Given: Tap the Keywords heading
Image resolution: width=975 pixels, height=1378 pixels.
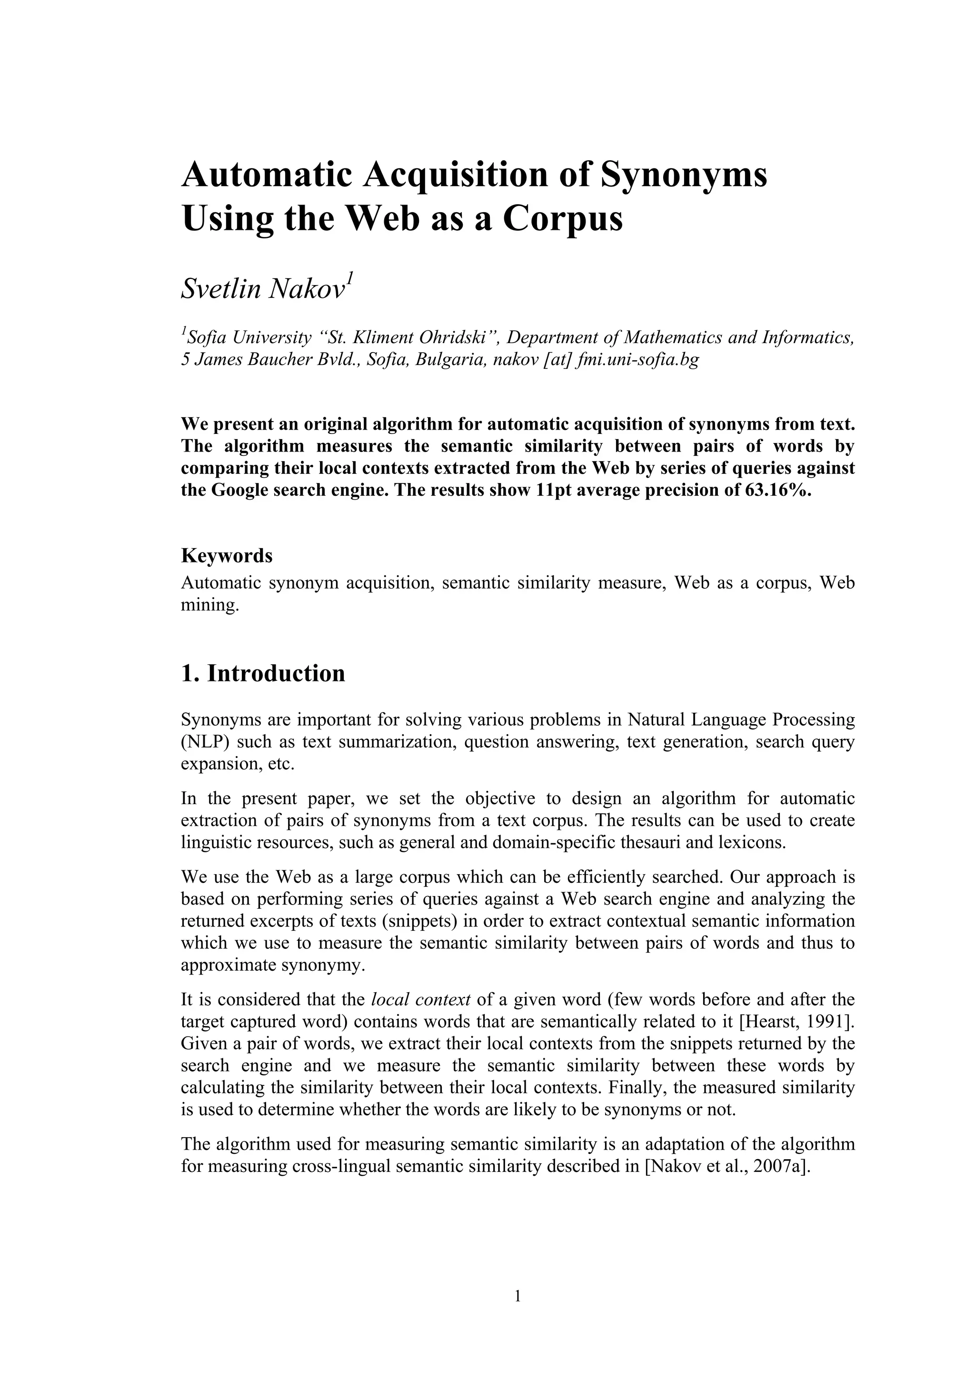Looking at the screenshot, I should [226, 556].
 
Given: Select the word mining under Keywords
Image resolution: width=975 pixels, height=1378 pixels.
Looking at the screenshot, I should [209, 604].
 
